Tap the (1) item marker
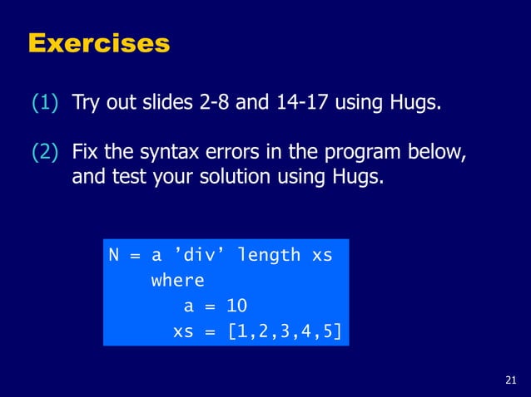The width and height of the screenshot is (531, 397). point(45,104)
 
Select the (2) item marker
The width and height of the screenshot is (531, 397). point(45,154)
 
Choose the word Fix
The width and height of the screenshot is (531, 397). point(86,154)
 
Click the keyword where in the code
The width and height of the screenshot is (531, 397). point(177,281)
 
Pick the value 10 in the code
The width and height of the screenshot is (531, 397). point(236,306)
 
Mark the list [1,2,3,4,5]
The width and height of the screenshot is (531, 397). point(285,331)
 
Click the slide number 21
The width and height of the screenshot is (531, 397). point(511,380)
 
